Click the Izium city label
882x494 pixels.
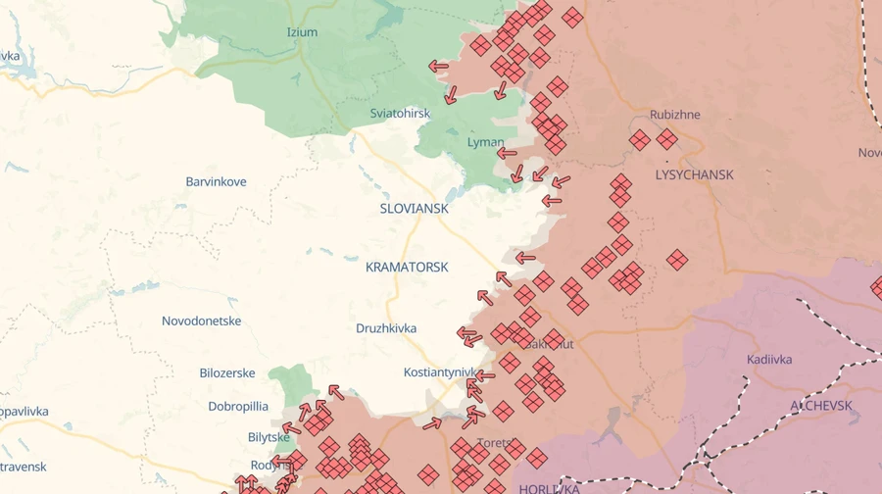point(302,32)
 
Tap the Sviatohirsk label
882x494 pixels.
point(400,113)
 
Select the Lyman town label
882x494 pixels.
point(486,142)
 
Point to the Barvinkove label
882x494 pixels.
point(216,181)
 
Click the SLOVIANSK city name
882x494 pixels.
point(414,209)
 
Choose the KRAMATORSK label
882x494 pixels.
point(407,267)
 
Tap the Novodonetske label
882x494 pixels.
point(201,321)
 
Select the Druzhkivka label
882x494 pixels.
point(386,327)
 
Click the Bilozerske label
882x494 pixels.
point(227,372)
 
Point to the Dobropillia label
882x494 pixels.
point(238,406)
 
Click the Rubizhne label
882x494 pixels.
point(675,115)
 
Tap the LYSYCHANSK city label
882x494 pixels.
point(694,174)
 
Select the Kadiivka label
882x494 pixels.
point(769,359)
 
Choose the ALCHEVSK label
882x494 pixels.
point(821,405)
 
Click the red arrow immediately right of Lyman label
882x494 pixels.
point(507,153)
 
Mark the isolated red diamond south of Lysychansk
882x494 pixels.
point(677,260)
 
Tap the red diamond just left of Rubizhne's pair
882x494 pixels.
point(640,140)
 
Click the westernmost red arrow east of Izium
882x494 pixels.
point(438,67)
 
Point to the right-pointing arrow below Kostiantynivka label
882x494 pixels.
point(432,424)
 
